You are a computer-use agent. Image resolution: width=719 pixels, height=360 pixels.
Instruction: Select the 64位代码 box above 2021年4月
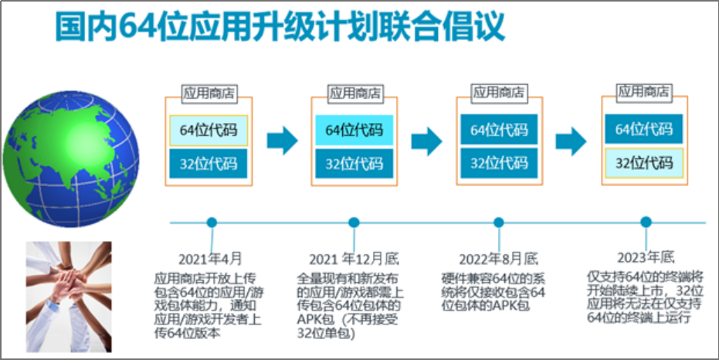(209, 130)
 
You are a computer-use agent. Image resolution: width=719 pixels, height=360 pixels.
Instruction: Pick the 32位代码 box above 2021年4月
(209, 163)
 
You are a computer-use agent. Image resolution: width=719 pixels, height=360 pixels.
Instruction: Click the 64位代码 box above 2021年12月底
(354, 130)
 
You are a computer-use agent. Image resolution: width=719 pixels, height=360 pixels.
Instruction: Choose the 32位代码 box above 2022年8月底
(499, 163)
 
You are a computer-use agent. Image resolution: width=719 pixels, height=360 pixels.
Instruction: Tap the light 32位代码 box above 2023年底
(644, 163)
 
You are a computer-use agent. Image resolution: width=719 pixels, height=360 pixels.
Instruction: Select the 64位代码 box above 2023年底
(644, 129)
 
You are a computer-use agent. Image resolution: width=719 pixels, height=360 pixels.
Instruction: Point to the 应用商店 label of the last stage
(644, 91)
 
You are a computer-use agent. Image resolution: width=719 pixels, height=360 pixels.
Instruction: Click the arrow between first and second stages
(282, 141)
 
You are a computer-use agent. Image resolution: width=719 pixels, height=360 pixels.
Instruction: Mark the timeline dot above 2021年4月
(212, 222)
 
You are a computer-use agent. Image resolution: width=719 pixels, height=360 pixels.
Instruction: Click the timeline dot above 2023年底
(646, 222)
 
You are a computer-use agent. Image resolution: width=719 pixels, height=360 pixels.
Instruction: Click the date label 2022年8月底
(498, 258)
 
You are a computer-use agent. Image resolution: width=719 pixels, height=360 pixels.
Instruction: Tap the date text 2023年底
(646, 256)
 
